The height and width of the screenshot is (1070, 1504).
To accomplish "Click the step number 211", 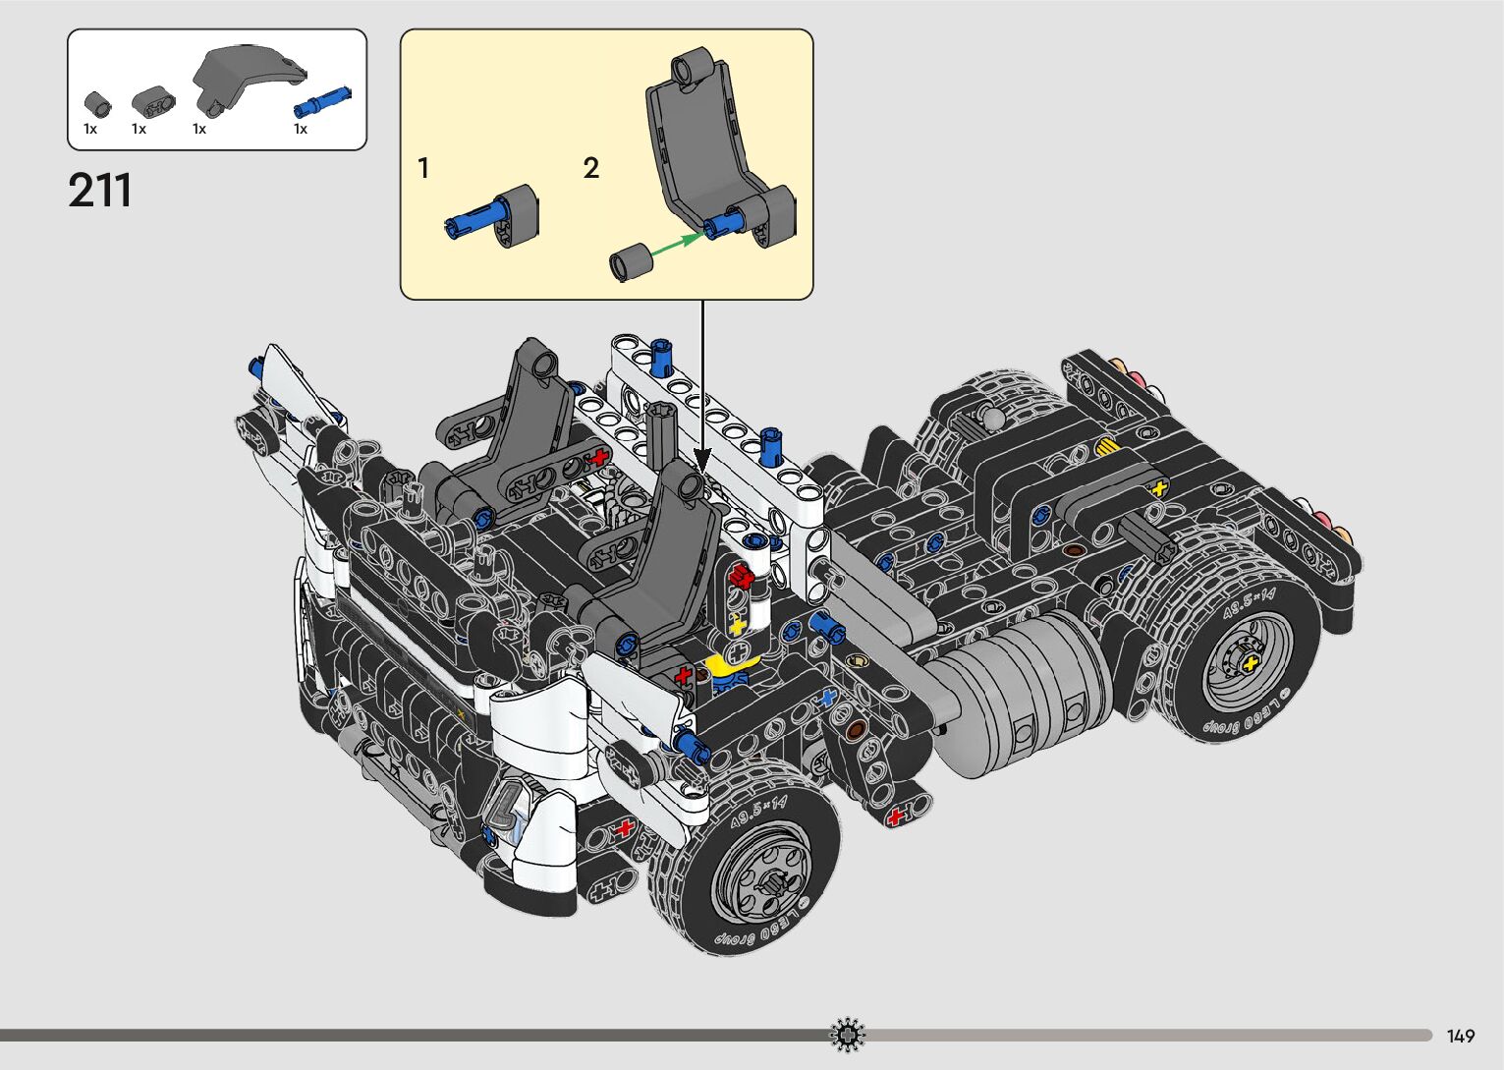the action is (x=99, y=191).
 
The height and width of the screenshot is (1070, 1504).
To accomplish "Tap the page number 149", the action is (x=1461, y=1036).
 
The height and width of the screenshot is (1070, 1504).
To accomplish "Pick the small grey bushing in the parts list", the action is (x=97, y=104).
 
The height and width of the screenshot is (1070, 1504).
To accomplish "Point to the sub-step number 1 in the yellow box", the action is (x=423, y=168).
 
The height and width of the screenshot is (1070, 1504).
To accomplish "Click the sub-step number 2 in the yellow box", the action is (x=590, y=168).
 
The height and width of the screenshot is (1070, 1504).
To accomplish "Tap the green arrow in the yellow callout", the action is (x=678, y=244).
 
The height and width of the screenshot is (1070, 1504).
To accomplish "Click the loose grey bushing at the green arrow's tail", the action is (x=631, y=262).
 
